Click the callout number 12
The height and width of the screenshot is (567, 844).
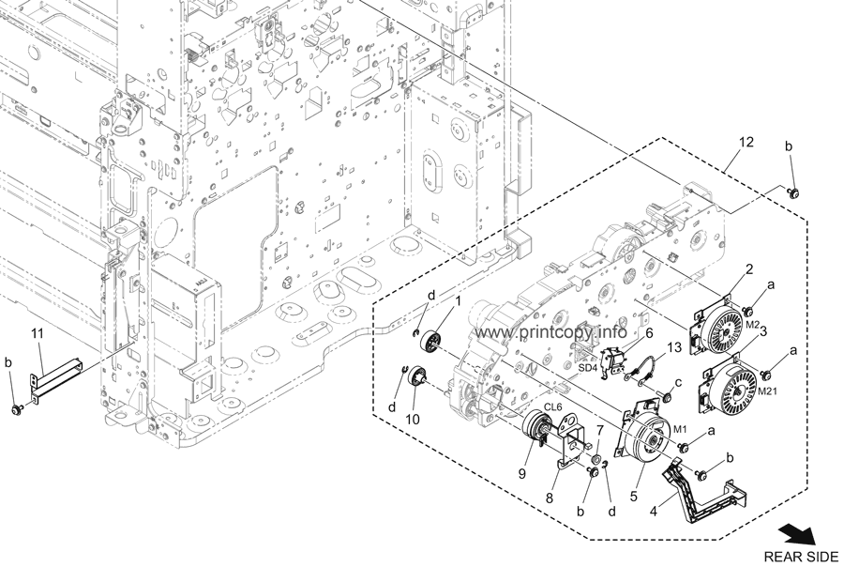(x=746, y=142)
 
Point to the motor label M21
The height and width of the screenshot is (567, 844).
(x=768, y=391)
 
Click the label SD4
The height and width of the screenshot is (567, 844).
(x=614, y=367)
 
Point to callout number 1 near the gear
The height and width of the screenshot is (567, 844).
(x=459, y=300)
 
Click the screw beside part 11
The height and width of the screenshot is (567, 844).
(x=17, y=408)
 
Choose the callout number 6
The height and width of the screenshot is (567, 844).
(x=648, y=332)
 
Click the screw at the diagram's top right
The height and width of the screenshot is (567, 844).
(x=794, y=193)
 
